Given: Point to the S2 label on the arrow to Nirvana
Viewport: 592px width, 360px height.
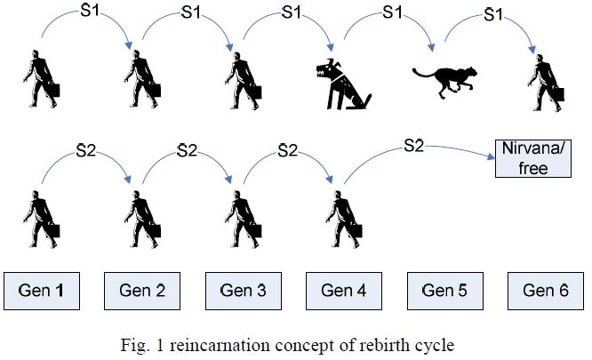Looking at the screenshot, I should click(x=414, y=143).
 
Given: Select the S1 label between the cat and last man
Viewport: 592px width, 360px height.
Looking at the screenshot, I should click(x=489, y=16).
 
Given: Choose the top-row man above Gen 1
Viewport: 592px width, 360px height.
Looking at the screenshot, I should click(x=42, y=80).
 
